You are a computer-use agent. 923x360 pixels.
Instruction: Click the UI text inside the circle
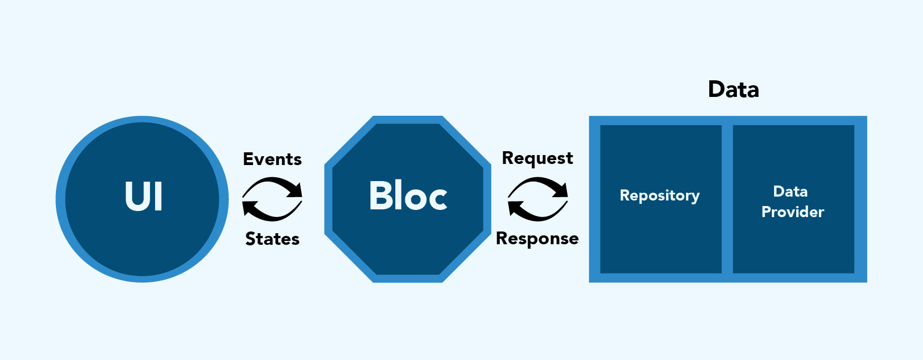coord(143,197)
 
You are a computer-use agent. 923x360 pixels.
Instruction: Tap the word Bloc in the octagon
coord(408,196)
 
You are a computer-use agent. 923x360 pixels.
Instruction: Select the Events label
coord(272,160)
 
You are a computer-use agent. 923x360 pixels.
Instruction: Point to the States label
coord(272,239)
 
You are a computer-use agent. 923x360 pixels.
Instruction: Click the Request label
coord(537,158)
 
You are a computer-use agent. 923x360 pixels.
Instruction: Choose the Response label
coord(537,239)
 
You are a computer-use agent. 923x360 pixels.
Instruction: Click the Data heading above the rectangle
coord(733,90)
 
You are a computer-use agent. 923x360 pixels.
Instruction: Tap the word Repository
coord(659,196)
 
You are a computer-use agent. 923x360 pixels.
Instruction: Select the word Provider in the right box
coord(792,212)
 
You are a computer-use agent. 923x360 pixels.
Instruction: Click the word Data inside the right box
coord(790,192)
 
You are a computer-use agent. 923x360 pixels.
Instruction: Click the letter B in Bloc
coord(380,196)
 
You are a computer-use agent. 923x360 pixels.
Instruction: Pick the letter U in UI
coord(136,197)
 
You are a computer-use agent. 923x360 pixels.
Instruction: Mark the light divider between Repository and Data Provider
coord(727,199)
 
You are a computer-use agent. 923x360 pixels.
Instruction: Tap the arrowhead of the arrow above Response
coord(515,209)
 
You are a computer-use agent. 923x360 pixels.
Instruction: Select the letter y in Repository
coord(695,198)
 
